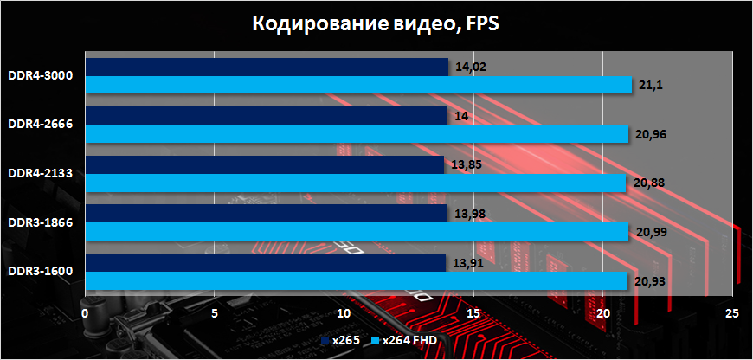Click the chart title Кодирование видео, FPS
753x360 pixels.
[x=376, y=23]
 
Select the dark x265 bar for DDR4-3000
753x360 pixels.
[x=267, y=67]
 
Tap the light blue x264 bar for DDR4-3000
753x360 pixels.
[x=358, y=84]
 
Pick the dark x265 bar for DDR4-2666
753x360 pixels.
[x=267, y=116]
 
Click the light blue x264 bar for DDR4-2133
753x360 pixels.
[x=356, y=183]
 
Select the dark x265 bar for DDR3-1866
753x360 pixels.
[x=266, y=214]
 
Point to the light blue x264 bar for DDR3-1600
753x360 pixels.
[x=357, y=280]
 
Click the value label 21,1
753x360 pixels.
[x=650, y=85]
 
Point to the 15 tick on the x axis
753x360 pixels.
[x=473, y=312]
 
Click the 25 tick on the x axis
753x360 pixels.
[x=732, y=312]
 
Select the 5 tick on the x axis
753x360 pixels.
[x=215, y=312]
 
